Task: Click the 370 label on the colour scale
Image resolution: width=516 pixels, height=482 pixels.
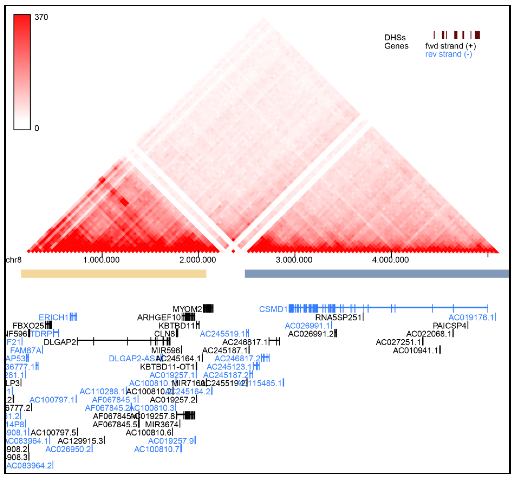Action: pos(41,17)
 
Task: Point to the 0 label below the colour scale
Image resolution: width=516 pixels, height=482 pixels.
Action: pos(37,128)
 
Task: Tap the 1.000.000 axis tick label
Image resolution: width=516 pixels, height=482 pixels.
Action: pos(101,260)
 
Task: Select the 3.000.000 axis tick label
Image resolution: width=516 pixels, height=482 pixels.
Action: pos(294,260)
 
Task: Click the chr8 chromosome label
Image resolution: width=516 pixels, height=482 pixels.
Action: pos(14,260)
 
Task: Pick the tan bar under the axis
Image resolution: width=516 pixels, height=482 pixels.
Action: pos(113,274)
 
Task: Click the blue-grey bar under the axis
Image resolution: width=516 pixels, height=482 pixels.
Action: pos(377,274)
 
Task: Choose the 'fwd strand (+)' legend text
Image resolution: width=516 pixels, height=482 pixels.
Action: pos(450,46)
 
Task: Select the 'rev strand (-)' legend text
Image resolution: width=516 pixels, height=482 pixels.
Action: pos(448,54)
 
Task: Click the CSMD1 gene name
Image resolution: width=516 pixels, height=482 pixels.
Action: pos(273,309)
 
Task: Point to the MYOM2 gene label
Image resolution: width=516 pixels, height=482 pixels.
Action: pos(187,309)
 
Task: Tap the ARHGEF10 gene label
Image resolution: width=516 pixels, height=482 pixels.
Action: pos(159,317)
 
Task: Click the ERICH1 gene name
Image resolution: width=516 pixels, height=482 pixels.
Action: pos(54,317)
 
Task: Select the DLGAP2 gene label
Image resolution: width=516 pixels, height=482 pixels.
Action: pos(60,342)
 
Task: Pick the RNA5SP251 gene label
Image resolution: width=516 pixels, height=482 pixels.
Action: pos(338,317)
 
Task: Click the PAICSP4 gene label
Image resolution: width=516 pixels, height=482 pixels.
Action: pos(449,326)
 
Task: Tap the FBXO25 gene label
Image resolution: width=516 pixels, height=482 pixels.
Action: pos(28,326)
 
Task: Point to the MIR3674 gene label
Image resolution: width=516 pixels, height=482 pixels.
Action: pos(162,424)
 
